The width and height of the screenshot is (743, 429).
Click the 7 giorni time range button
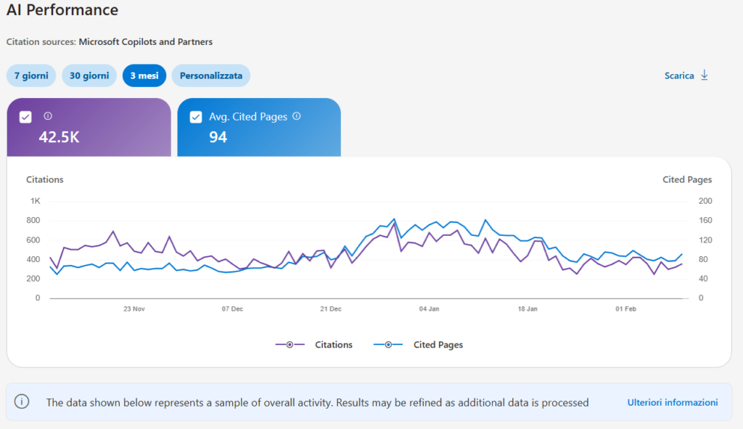click(31, 75)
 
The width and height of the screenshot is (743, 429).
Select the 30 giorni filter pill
click(89, 75)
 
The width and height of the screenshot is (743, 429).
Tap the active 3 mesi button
click(144, 75)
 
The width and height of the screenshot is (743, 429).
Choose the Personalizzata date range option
click(211, 75)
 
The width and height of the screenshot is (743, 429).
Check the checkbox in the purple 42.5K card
click(25, 117)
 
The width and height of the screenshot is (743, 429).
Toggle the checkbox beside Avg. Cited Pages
click(195, 117)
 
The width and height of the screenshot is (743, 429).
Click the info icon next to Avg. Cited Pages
click(296, 116)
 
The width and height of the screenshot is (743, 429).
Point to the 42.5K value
click(59, 136)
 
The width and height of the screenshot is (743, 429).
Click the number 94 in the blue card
click(218, 136)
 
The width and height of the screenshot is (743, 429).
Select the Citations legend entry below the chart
click(314, 345)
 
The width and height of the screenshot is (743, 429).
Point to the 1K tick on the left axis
click(36, 201)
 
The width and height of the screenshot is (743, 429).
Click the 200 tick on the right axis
click(705, 201)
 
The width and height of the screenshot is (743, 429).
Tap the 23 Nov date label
click(134, 309)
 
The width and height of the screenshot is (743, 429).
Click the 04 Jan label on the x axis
click(430, 309)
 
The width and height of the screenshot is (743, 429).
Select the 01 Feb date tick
click(625, 309)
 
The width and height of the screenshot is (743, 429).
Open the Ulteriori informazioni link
click(672, 402)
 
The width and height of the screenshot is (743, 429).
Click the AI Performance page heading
click(62, 10)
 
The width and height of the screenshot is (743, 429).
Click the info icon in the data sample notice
click(22, 402)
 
